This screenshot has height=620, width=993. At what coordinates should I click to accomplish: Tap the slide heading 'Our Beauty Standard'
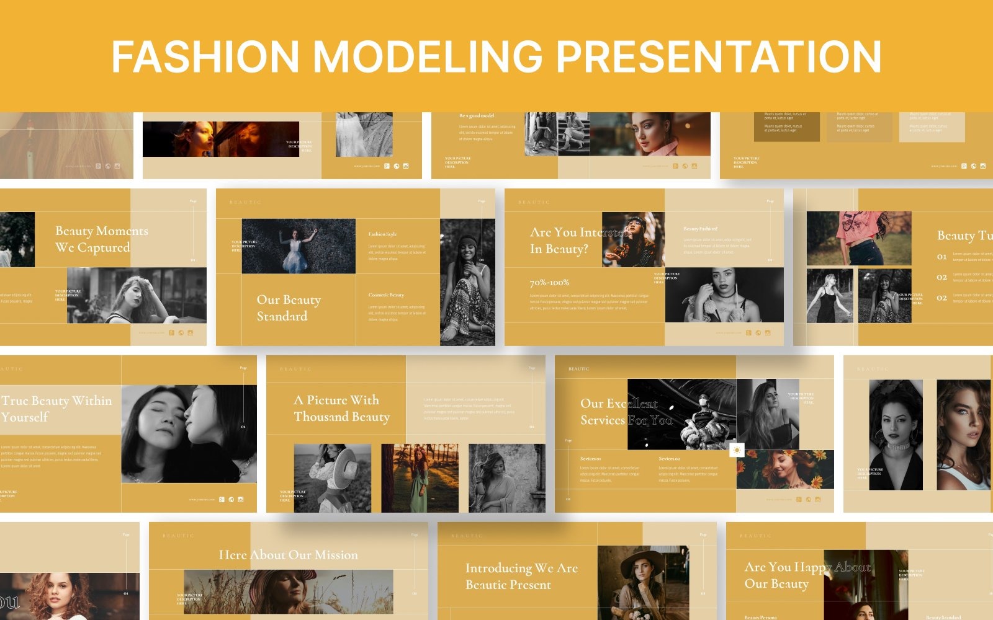tap(289, 308)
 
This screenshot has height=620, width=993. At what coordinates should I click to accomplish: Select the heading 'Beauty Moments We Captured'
tap(101, 239)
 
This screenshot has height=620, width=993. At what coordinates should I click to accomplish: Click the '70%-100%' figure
tap(549, 283)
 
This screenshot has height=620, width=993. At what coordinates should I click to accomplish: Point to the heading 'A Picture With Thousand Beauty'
tap(341, 408)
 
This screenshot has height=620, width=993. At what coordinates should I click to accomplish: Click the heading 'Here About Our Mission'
tap(288, 555)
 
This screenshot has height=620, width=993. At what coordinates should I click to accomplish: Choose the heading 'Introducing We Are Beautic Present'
tap(521, 576)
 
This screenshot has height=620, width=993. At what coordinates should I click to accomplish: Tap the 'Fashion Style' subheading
tap(382, 234)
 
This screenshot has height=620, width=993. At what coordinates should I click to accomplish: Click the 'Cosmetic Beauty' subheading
tap(386, 295)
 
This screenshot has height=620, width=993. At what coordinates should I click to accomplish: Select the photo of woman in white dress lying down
tap(299, 246)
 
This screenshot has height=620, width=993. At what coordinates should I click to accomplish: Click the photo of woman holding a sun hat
tap(332, 477)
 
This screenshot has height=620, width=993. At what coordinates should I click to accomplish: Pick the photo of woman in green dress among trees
tap(420, 477)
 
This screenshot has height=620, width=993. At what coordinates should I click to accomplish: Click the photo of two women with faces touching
tap(189, 434)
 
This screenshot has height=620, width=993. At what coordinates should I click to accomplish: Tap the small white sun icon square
tap(737, 450)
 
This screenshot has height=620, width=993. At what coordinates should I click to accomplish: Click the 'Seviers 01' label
tap(590, 459)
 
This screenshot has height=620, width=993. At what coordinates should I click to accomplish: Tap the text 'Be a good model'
tap(477, 116)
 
